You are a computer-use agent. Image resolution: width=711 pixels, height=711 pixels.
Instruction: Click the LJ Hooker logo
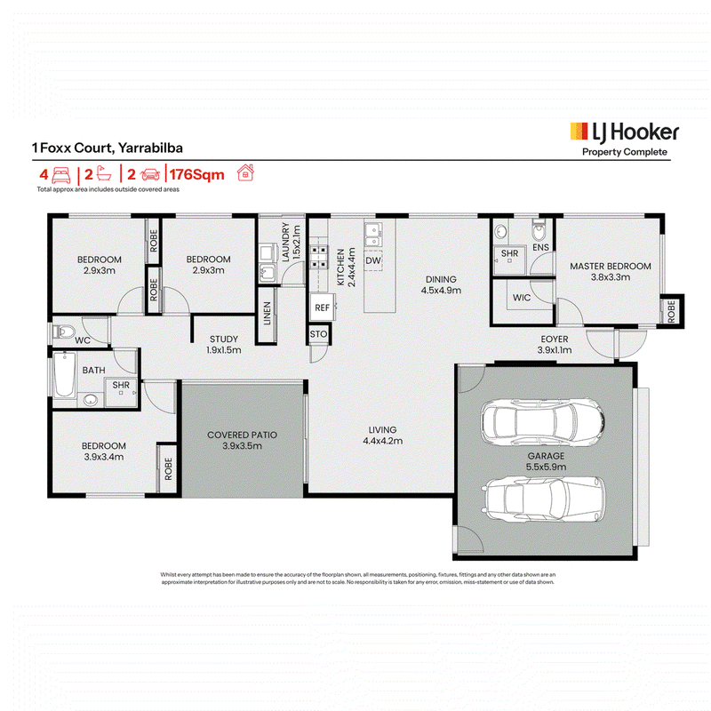click(625, 140)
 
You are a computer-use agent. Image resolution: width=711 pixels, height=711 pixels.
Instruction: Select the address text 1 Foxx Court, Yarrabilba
click(107, 148)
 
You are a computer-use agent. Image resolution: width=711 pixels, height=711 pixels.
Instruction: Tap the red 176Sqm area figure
click(197, 174)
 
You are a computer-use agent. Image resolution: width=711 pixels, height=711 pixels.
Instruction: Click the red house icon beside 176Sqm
click(245, 172)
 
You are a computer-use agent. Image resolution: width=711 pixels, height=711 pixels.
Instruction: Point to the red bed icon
click(61, 174)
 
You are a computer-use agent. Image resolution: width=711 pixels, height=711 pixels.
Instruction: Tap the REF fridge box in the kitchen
click(323, 308)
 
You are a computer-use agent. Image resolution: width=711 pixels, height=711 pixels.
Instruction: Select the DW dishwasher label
click(373, 260)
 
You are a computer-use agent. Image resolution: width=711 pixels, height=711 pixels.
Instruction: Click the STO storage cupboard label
click(318, 334)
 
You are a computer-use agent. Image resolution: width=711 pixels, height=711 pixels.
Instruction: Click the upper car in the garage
click(542, 421)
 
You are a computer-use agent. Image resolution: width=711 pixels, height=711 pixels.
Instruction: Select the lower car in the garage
click(545, 499)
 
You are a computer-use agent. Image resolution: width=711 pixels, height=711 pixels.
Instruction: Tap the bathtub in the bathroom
click(64, 375)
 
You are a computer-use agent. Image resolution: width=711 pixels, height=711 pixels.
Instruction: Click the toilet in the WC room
click(63, 332)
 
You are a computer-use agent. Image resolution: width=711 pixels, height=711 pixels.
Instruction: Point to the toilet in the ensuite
click(539, 231)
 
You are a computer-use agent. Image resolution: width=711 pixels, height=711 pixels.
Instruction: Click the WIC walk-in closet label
click(522, 298)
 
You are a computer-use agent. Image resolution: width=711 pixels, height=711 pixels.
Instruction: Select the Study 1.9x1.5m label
click(224, 345)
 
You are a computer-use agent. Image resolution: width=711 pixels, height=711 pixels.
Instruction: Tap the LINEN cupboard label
click(268, 314)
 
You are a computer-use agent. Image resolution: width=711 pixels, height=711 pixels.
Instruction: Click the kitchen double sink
click(373, 235)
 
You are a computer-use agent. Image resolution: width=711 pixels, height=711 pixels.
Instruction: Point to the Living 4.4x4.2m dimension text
click(383, 441)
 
